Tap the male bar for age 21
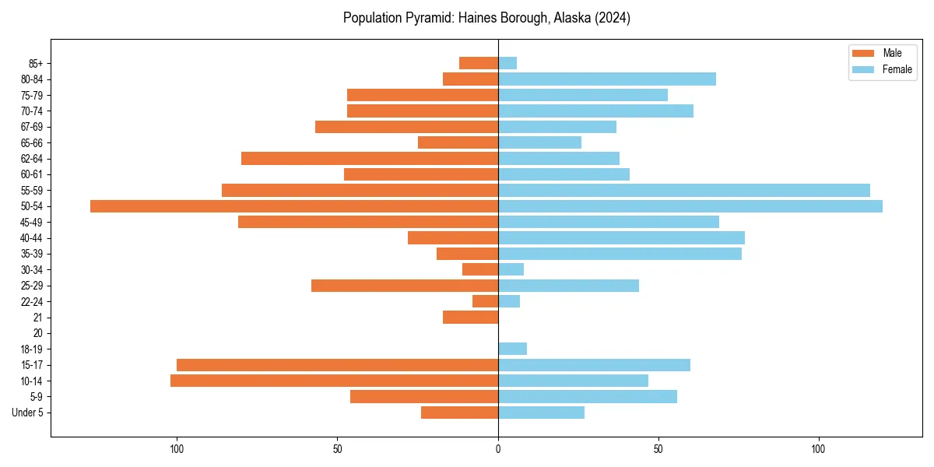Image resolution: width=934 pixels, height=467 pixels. (x=470, y=318)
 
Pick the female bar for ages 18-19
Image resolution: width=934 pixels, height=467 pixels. (x=512, y=349)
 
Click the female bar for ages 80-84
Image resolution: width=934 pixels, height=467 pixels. (x=606, y=79)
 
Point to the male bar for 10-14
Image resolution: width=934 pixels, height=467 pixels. (x=334, y=381)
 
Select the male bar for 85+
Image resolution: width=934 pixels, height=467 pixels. (x=479, y=63)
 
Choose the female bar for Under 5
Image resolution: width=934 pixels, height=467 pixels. (x=541, y=413)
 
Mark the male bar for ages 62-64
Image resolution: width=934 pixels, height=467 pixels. (x=370, y=158)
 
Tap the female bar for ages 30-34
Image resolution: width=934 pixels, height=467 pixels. (x=511, y=269)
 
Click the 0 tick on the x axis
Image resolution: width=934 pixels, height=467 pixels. (x=498, y=449)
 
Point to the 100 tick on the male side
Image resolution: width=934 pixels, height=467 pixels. (x=177, y=449)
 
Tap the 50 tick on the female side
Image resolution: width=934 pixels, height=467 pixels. (x=658, y=449)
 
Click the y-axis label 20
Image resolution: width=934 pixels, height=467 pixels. (x=37, y=333)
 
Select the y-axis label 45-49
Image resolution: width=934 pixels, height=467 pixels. (x=32, y=222)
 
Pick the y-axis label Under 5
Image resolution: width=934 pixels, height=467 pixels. (x=28, y=413)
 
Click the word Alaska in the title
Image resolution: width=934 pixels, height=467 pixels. (x=571, y=18)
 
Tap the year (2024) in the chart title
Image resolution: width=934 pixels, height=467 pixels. (x=612, y=18)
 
